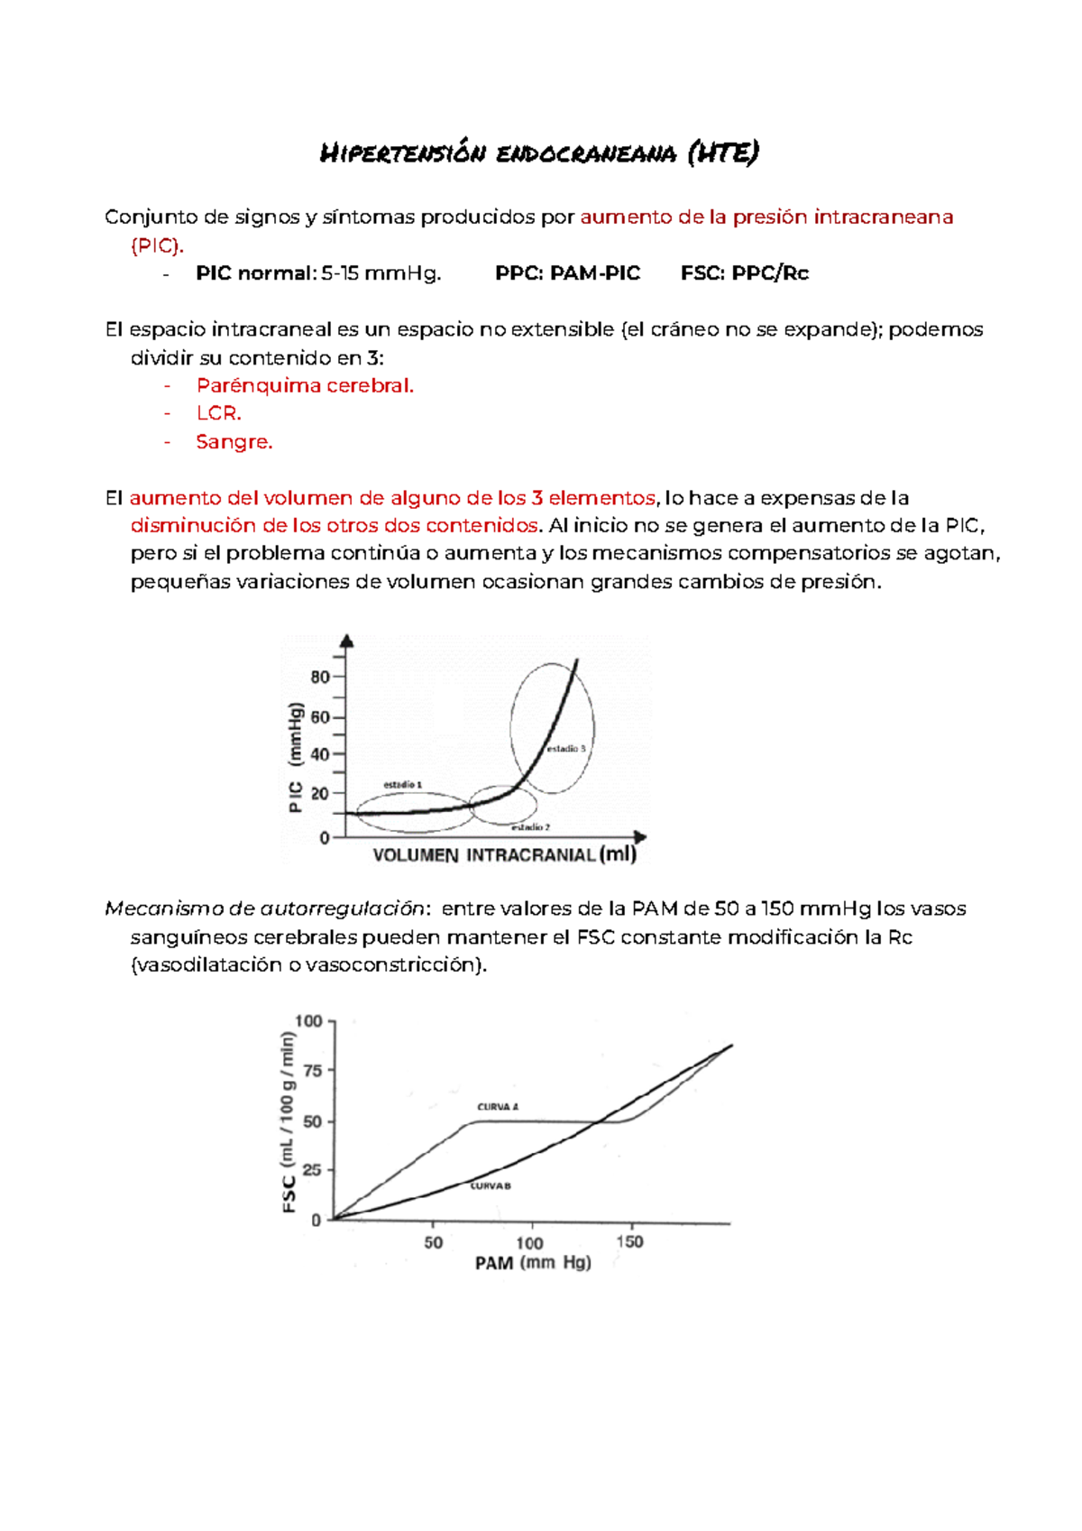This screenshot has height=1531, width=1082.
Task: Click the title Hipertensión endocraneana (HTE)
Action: click(x=539, y=152)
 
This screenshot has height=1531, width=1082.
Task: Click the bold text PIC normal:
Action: click(x=255, y=273)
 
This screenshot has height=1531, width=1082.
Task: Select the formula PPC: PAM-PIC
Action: click(x=567, y=273)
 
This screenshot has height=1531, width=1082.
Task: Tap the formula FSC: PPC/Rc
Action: click(x=744, y=273)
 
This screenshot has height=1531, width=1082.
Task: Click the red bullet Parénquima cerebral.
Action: click(x=305, y=386)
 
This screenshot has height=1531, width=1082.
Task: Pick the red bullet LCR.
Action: click(x=219, y=414)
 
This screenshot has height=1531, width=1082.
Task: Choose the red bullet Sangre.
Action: click(x=234, y=442)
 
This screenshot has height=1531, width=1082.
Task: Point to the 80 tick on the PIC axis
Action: click(x=320, y=678)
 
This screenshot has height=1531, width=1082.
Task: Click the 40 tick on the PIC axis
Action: click(x=320, y=754)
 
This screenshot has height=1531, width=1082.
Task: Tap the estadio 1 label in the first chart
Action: click(x=402, y=785)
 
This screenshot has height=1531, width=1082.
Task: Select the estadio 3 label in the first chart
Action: click(x=566, y=749)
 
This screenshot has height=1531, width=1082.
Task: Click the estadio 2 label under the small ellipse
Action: click(x=530, y=827)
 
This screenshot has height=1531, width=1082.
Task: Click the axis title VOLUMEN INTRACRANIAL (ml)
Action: click(x=504, y=855)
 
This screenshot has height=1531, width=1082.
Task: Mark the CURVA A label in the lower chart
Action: click(x=498, y=1107)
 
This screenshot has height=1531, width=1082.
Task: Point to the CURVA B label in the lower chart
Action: click(x=491, y=1186)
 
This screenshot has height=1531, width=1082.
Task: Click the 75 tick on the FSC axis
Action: click(x=312, y=1071)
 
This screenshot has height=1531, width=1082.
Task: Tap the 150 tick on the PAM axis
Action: click(x=629, y=1242)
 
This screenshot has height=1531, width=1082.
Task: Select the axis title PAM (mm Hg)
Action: click(x=533, y=1263)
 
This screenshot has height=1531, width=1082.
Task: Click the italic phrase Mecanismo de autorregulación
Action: click(x=265, y=909)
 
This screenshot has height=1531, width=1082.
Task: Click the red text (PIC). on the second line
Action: click(x=157, y=245)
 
